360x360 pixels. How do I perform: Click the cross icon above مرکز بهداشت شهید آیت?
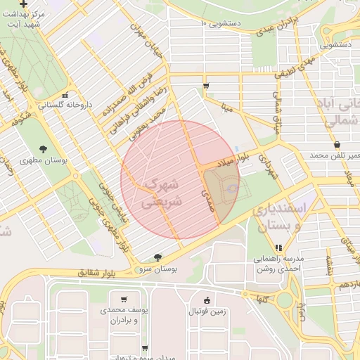coord(24,4)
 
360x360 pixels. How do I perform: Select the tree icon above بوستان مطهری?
coord(44,148)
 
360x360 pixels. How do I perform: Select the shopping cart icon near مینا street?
coord(205,86)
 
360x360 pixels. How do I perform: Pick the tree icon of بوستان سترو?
coord(157,257)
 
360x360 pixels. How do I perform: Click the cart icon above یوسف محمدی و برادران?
coord(124,298)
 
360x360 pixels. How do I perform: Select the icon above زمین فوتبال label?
coord(207,299)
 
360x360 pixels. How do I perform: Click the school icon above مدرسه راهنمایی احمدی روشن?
coord(278,247)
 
